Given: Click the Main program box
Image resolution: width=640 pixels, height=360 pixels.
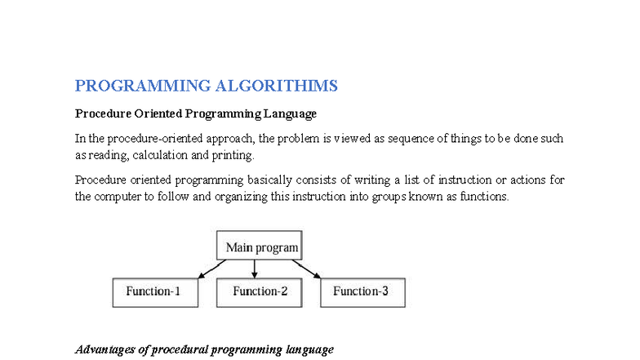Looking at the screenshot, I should tap(262, 247).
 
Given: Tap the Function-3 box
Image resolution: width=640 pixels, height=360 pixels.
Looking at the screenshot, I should tap(362, 292).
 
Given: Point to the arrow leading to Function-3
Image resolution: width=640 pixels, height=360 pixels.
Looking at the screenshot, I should tap(307, 269).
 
